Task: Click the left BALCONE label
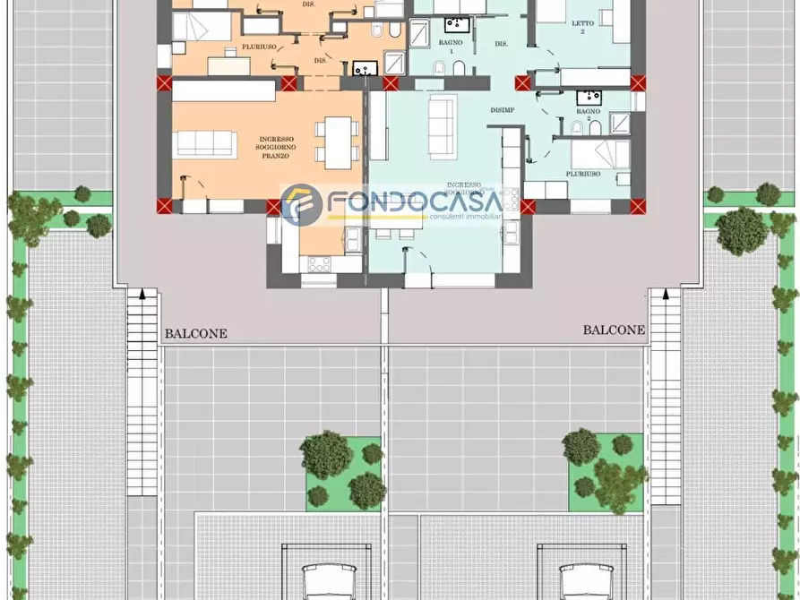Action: pos(195,333)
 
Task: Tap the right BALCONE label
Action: pos(614,330)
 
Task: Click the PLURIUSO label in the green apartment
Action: pos(583,174)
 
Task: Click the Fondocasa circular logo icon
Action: pos(301,205)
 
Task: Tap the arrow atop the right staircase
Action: pos(666,292)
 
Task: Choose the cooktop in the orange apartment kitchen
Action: pos(319,263)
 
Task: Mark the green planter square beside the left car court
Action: pos(344,470)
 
